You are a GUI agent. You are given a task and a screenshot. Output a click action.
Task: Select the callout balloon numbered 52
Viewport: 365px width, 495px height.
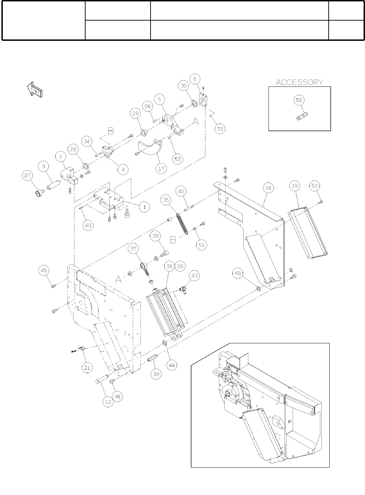tap(299, 100)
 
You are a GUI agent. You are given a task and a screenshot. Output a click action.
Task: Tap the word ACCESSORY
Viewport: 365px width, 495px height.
tap(300, 82)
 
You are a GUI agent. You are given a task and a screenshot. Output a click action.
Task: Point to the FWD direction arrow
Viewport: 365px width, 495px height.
tap(34, 90)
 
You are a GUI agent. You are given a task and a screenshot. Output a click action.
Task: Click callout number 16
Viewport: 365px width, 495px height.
tap(268, 188)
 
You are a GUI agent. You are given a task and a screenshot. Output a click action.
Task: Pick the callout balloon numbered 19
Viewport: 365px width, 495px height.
tap(295, 186)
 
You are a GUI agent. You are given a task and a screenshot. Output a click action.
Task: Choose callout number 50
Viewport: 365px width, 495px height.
tap(315, 186)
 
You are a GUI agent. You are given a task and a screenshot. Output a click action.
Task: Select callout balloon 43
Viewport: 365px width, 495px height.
tap(195, 275)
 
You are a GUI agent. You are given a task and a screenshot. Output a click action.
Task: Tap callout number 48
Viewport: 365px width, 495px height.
tap(238, 274)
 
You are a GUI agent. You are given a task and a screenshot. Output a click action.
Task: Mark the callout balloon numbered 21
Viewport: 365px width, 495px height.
tap(87, 367)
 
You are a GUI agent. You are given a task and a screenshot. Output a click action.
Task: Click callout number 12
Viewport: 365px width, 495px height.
tap(108, 402)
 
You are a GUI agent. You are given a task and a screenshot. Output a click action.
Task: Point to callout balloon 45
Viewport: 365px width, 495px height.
tap(44, 270)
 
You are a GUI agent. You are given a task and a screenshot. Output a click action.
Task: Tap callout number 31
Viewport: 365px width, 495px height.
tap(220, 129)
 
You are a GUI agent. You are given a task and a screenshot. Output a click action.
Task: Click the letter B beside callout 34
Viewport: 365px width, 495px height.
tap(110, 131)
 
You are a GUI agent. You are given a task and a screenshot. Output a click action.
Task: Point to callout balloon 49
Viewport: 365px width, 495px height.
tap(88, 225)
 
